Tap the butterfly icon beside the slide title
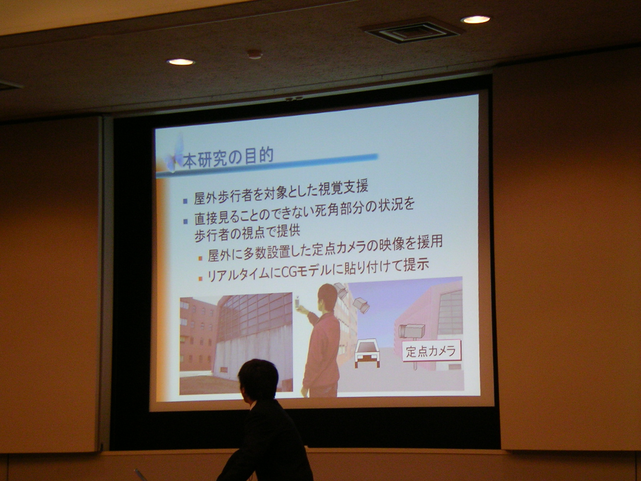pyautogui.click(x=175, y=155)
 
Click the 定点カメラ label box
pyautogui.click(x=431, y=351)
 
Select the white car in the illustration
pyautogui.click(x=367, y=354)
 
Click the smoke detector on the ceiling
pyautogui.click(x=255, y=55)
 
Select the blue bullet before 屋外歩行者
pyautogui.click(x=185, y=201)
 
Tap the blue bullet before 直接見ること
pyautogui.click(x=185, y=221)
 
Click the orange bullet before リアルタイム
pyautogui.click(x=200, y=279)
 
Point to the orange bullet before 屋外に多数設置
pyautogui.click(x=200, y=258)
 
